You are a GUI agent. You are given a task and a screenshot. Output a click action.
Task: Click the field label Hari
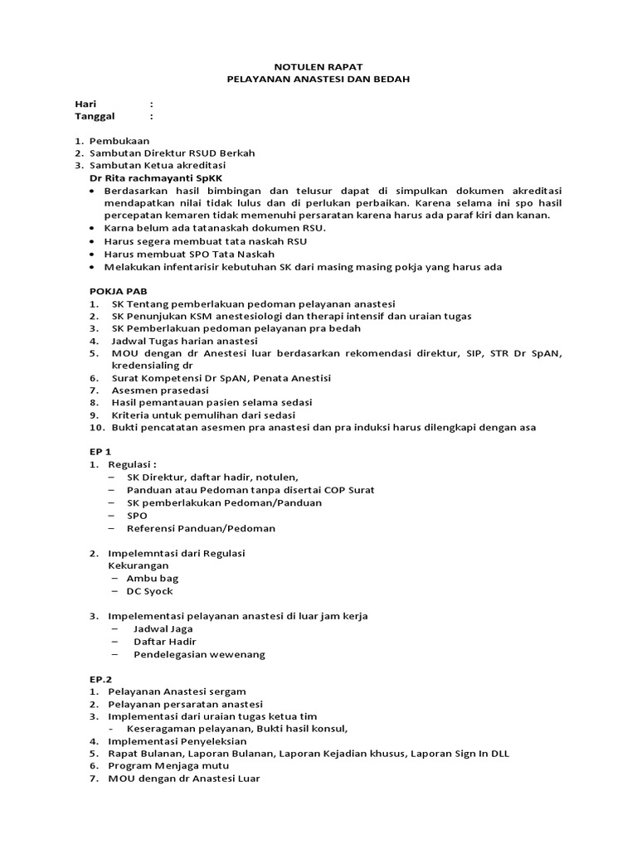pyautogui.click(x=86, y=104)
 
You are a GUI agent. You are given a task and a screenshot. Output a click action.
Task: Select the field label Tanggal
pyautogui.click(x=96, y=117)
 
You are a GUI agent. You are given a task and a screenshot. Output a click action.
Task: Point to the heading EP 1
pyautogui.click(x=101, y=452)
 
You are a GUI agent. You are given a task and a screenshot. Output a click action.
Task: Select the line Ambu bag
pyautogui.click(x=152, y=578)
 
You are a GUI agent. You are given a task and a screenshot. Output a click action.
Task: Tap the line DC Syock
pyautogui.click(x=149, y=591)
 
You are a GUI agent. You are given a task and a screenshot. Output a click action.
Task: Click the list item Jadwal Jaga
pyautogui.click(x=163, y=628)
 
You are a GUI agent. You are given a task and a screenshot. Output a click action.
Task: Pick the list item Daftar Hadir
pyautogui.click(x=164, y=642)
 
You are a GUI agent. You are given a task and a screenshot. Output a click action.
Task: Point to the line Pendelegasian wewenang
pyautogui.click(x=199, y=654)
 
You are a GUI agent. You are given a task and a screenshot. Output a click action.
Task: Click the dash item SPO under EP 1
pyautogui.click(x=137, y=515)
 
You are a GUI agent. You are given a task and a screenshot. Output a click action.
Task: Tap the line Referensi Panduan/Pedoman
pyautogui.click(x=201, y=528)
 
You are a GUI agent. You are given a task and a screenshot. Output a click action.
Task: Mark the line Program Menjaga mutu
pyautogui.click(x=171, y=766)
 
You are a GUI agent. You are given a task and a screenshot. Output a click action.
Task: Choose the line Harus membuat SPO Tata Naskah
pyautogui.click(x=189, y=254)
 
